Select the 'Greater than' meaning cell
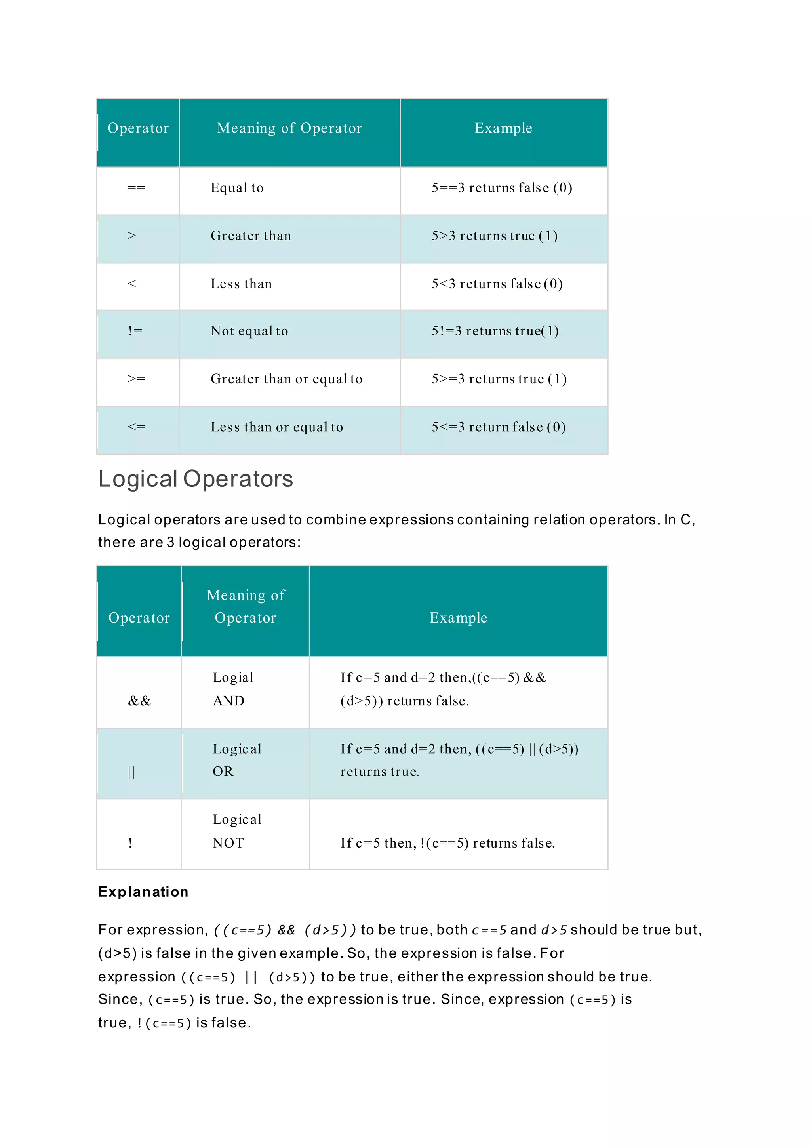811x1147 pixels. [x=251, y=236]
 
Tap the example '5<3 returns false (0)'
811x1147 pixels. [x=497, y=284]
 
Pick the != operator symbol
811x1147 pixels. [x=135, y=331]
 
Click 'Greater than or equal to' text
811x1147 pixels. [x=286, y=379]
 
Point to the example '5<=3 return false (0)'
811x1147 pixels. [x=499, y=427]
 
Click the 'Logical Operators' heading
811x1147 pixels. [x=195, y=478]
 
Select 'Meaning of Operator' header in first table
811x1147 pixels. [x=289, y=128]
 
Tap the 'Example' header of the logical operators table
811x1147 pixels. [x=458, y=618]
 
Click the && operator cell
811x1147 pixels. [x=139, y=701]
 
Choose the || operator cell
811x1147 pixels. [x=131, y=772]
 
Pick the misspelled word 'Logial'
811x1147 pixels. [x=233, y=677]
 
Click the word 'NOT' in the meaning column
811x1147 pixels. [x=228, y=843]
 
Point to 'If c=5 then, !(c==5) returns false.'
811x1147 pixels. [x=447, y=843]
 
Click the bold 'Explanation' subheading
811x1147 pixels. [x=143, y=892]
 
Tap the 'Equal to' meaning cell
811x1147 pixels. [x=237, y=188]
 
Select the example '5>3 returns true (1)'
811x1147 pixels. [x=494, y=236]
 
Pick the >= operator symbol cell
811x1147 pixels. [x=136, y=379]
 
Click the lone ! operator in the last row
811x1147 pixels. [x=130, y=843]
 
